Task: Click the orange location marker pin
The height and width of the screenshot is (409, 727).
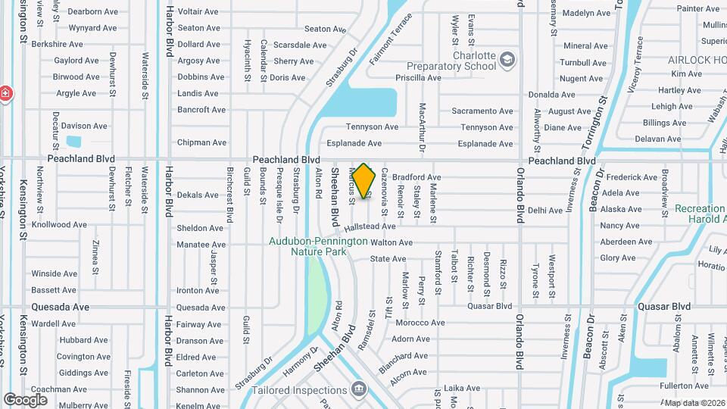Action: pos(364,181)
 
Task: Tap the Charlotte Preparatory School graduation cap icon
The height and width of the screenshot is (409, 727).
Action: pos(507,60)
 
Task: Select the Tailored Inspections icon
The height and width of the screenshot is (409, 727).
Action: pos(360,390)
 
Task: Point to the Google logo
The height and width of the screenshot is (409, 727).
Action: pos(25,399)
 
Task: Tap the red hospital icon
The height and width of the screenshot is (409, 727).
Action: pos(5,93)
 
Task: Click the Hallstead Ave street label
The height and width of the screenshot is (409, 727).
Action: pos(370,226)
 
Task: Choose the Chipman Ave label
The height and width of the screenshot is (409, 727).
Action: pos(201,142)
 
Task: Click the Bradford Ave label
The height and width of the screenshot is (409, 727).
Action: pos(416,177)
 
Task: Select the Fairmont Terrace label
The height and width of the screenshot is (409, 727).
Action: pos(391,38)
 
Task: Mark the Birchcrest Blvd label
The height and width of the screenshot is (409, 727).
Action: pos(229,195)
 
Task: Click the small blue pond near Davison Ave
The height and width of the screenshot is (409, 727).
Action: pos(73,142)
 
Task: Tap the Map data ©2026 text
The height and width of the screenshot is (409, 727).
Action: pos(694,403)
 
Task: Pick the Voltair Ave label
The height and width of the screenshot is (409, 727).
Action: pos(200,12)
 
